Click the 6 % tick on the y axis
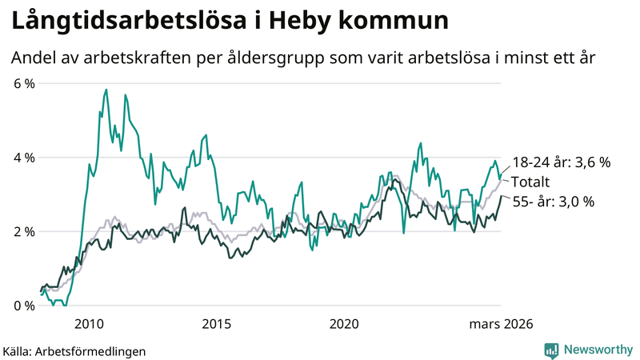point(22,83)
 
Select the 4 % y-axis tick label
point(22,158)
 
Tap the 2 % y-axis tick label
point(22,231)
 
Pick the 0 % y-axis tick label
point(22,306)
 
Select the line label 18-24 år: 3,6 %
point(561,162)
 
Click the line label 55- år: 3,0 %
point(553,202)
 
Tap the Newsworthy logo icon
point(551,350)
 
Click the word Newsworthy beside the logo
point(597,350)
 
